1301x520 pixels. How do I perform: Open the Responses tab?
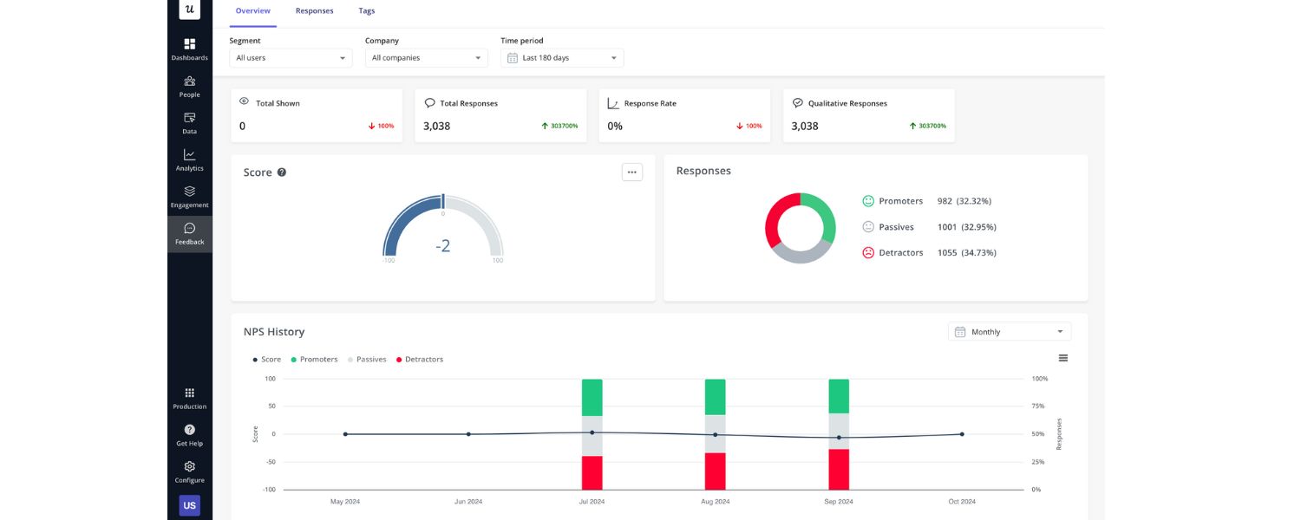coord(314,11)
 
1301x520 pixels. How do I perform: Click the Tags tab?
coord(367,11)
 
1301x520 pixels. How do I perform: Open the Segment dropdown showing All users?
coord(291,58)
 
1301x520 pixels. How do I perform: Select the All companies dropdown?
coord(426,58)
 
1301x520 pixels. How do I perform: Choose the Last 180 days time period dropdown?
coord(562,58)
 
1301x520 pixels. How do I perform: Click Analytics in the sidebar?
coord(189,159)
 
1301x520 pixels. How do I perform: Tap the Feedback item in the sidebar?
coord(189,233)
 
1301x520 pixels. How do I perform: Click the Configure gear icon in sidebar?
coord(189,467)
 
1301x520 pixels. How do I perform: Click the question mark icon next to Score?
coord(281,172)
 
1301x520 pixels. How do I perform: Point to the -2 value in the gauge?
coord(443,246)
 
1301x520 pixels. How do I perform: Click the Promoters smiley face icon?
coord(868,201)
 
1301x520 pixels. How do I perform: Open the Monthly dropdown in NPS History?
coord(1009,332)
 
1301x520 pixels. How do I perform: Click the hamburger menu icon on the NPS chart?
coord(1063,358)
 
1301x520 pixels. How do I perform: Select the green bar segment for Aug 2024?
coord(716,397)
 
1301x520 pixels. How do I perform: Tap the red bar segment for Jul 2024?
coord(592,472)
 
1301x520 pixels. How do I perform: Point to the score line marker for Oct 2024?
coord(962,434)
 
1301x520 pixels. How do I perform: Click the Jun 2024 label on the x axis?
coord(468,502)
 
